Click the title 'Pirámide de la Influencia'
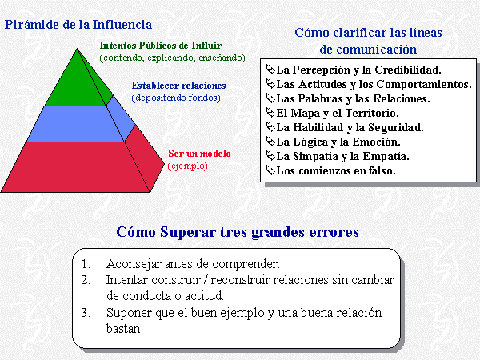pos(78,25)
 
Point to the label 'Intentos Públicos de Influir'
pos(161,46)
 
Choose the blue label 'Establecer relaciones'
pos(178,86)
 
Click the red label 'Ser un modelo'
pos(199,154)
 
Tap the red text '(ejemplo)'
pos(188,166)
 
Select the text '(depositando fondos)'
pos(176,98)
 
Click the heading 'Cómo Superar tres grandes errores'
pos(238,232)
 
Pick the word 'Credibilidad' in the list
pos(408,70)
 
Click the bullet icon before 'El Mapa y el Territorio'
pos(270,113)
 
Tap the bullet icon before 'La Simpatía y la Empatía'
pos(270,156)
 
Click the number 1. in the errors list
pos(86,264)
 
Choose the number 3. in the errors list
pos(86,313)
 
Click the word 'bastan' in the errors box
pos(124,329)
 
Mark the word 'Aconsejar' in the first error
pos(134,264)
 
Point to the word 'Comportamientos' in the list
pos(424,84)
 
